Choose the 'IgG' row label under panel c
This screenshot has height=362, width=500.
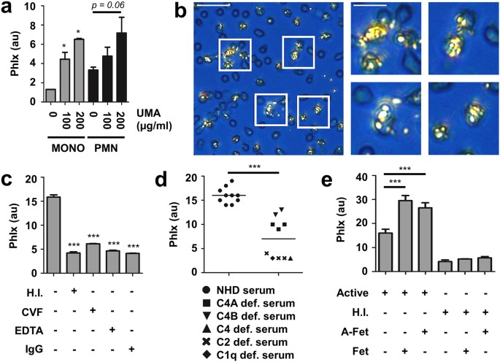coord(15,350)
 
